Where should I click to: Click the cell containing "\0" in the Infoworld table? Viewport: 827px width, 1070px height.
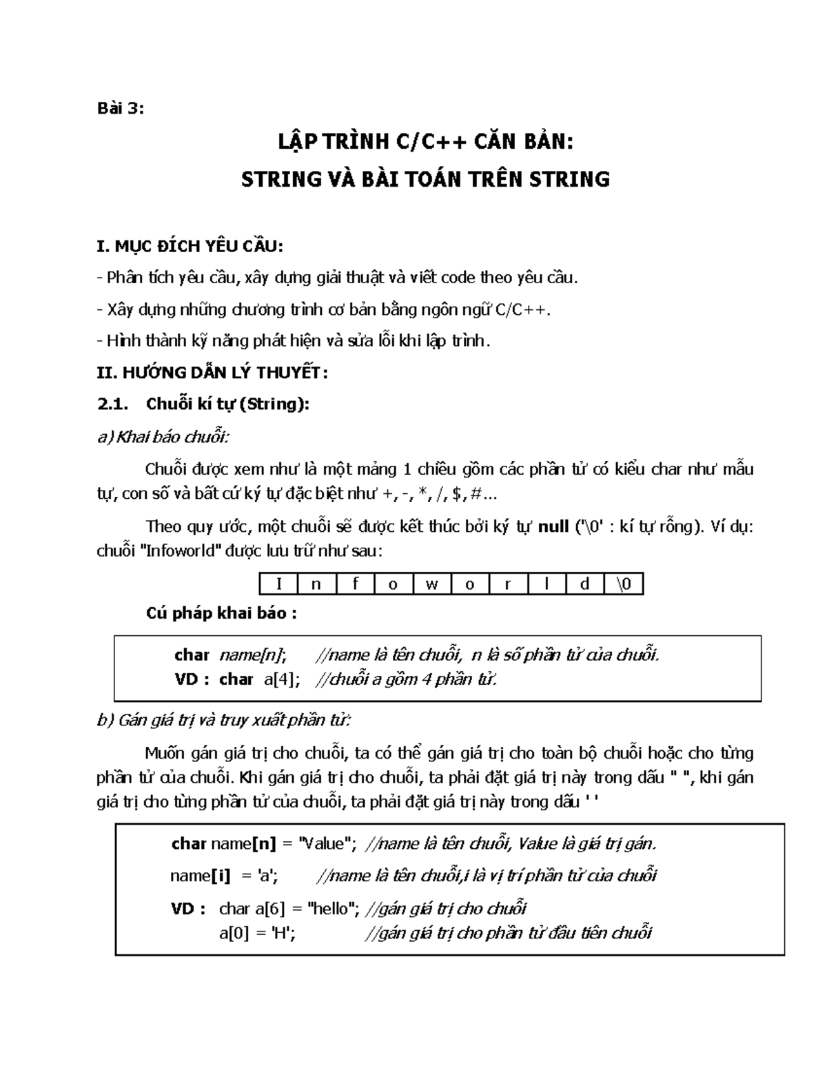coord(624,585)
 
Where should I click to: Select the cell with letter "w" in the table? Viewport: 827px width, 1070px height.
coord(432,585)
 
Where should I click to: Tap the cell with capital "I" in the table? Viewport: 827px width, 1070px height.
coord(278,585)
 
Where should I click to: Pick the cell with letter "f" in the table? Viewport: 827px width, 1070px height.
coord(356,585)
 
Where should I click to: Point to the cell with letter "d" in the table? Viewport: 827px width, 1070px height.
coord(585,585)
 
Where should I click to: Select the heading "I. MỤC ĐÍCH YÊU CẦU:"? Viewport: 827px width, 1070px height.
coord(191,246)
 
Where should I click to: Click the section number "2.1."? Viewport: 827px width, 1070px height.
coord(113,404)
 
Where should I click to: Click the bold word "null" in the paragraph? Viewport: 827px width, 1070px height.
coord(553,527)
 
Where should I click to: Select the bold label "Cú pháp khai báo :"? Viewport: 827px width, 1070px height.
coord(221,613)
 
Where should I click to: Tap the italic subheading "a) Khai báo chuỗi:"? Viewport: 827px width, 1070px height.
coord(163,437)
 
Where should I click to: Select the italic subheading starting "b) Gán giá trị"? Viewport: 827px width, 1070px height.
coord(224,721)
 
